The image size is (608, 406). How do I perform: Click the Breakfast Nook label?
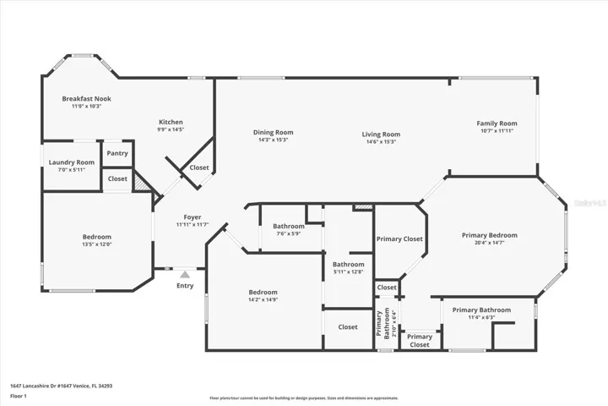86,99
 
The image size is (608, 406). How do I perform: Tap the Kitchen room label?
170,122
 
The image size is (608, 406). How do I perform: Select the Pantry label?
117,153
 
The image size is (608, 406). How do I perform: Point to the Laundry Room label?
71,162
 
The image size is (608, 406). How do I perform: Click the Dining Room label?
274,132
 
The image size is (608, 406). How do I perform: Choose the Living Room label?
381,134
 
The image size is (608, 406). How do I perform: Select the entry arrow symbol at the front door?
184,273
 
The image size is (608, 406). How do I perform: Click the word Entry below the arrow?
184,286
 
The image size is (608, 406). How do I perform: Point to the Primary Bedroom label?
489,235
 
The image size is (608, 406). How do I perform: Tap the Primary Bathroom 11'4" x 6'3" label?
481,310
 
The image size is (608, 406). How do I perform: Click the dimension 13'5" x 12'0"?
96,244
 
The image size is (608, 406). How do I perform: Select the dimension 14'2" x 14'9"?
263,299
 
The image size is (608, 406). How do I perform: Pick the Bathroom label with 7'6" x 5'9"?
288,226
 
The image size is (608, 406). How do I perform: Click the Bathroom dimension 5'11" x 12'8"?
348,272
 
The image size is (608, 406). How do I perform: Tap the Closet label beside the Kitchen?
199,167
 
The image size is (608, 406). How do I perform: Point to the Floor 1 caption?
19,396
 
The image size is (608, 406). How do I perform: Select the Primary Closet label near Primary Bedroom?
399,239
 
